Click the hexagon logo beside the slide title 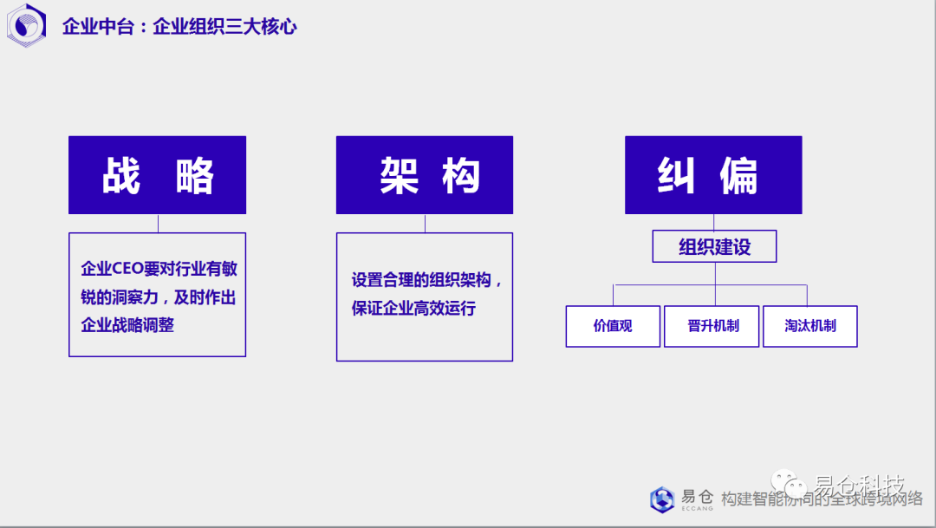(x=26, y=25)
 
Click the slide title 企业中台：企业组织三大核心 (x=179, y=27)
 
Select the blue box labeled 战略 (x=157, y=175)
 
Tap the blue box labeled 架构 (x=425, y=175)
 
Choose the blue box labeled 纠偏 (x=713, y=175)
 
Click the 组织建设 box (x=714, y=247)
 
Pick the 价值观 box (x=613, y=327)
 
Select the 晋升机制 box (x=712, y=327)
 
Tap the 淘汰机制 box (x=810, y=327)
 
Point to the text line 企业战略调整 (x=127, y=325)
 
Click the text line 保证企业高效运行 (x=413, y=308)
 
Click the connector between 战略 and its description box (x=158, y=223)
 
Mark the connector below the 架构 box (x=425, y=223)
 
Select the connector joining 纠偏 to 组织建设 (x=714, y=222)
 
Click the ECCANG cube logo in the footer (x=662, y=499)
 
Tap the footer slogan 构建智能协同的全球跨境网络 (x=822, y=499)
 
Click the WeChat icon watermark (x=792, y=484)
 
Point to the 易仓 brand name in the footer (x=697, y=497)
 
